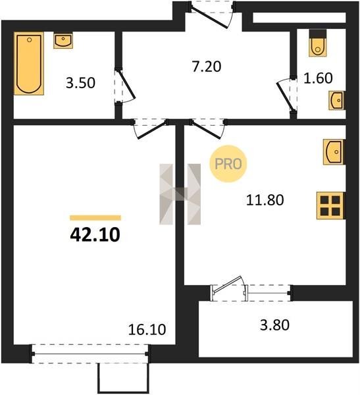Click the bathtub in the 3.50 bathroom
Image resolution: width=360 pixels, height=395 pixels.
tap(29, 63)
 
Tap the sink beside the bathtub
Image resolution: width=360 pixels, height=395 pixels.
tap(63, 40)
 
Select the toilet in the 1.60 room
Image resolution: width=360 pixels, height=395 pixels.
tap(318, 43)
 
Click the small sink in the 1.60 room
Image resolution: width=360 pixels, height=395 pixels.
tap(337, 101)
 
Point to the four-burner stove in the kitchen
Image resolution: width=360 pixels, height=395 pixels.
tap(330, 205)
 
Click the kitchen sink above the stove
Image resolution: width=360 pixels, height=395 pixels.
tap(334, 152)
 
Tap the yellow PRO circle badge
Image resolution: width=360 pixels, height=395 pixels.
tap(228, 164)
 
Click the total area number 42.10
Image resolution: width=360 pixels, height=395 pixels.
tap(95, 235)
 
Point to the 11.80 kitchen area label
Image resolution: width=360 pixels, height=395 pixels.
tap(265, 200)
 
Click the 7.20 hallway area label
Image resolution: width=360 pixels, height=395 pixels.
tap(207, 66)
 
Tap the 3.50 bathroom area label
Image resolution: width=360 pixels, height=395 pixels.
tap(80, 83)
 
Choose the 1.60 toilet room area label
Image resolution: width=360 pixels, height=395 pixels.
tap(318, 78)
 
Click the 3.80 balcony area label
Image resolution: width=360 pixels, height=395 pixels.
tap(274, 325)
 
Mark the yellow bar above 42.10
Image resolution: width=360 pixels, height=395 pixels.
tap(95, 218)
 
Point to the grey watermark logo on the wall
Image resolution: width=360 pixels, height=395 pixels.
tap(180, 194)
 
